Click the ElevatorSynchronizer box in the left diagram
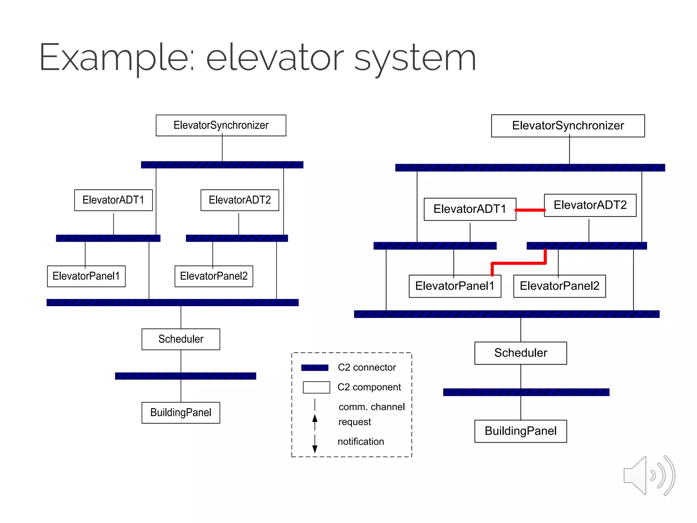(221, 125)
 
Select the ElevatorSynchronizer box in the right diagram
(568, 126)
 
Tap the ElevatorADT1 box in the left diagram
(113, 200)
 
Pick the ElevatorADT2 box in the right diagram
(590, 205)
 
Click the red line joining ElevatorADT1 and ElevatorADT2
(530, 210)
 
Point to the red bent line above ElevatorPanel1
(519, 263)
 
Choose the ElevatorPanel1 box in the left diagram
(86, 276)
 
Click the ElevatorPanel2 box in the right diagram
(559, 286)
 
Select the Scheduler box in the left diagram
(181, 339)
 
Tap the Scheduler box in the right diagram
(520, 353)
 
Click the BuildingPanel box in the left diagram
(181, 413)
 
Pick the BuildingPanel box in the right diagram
(520, 431)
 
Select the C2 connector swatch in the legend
(315, 367)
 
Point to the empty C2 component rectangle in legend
(316, 387)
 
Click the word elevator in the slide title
(275, 58)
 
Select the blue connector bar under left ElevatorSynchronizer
(222, 165)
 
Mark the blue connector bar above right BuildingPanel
(526, 392)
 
